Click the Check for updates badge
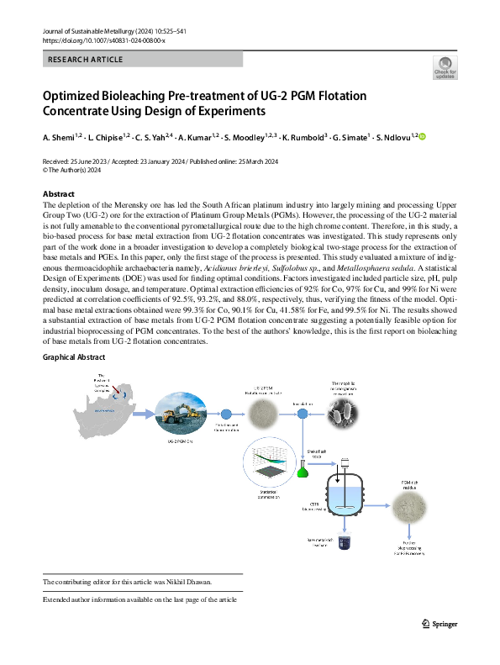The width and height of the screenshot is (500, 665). pos(444,66)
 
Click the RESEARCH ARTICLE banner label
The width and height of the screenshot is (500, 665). pos(86,60)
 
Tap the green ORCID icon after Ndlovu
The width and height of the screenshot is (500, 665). pos(423,136)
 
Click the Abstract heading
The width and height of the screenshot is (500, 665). pos(59,194)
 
